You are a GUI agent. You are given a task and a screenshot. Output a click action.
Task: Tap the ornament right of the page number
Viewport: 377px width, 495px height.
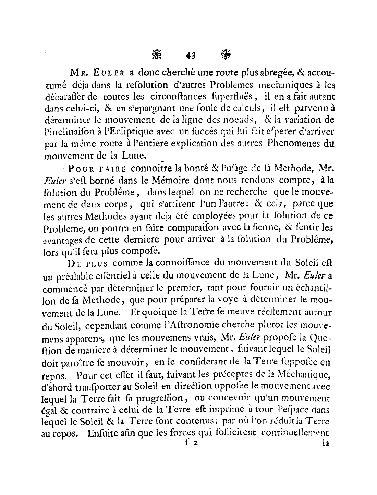point(226,54)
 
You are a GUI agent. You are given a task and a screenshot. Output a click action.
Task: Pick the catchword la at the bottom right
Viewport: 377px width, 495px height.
point(325,443)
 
